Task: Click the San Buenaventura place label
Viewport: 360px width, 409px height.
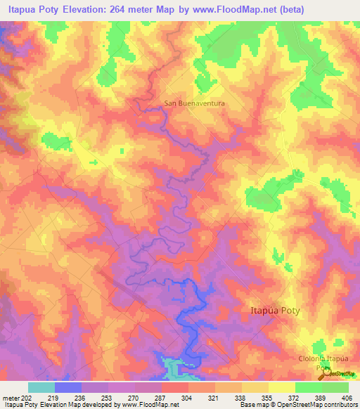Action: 194,103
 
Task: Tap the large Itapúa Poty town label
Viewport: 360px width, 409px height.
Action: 279,310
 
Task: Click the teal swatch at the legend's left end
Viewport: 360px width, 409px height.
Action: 41,387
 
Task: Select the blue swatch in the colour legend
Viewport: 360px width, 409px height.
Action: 67,387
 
